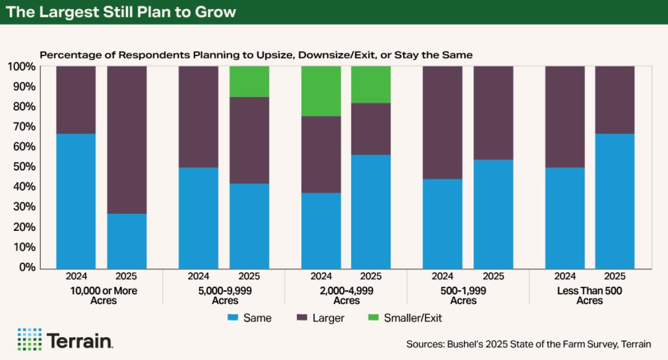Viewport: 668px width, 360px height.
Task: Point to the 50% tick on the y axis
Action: pyautogui.click(x=27, y=167)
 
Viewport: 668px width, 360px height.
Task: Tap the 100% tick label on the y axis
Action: pyautogui.click(x=23, y=67)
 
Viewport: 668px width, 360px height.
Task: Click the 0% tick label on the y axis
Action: pyautogui.click(x=29, y=267)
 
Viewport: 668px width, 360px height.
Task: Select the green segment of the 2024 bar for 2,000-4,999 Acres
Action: pyautogui.click(x=321, y=91)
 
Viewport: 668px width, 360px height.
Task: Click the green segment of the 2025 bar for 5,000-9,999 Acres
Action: pyautogui.click(x=249, y=82)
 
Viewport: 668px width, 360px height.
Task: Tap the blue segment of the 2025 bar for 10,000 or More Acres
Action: pyautogui.click(x=127, y=241)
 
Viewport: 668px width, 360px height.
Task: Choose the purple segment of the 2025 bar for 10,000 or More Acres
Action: pyautogui.click(x=127, y=140)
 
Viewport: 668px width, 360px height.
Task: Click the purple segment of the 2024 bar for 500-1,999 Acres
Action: pyautogui.click(x=443, y=123)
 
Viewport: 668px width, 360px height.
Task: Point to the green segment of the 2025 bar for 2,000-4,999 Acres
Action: pyautogui.click(x=371, y=85)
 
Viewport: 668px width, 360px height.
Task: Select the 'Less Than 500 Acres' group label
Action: pyautogui.click(x=589, y=295)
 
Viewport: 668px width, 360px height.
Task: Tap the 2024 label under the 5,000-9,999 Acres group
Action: pyautogui.click(x=199, y=277)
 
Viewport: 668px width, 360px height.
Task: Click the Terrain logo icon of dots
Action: pyautogui.click(x=29, y=340)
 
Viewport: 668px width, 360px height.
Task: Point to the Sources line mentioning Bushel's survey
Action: pyautogui.click(x=528, y=343)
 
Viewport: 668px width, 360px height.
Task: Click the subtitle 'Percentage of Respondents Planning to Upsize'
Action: pyautogui.click(x=256, y=55)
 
